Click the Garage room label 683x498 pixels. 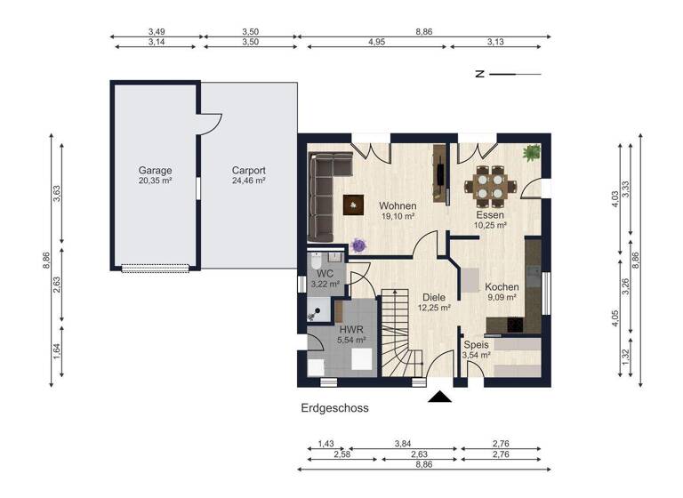[x=155, y=170]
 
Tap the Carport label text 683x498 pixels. [x=249, y=170]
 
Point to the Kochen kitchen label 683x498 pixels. [x=502, y=287]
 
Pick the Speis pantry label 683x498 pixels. [x=476, y=345]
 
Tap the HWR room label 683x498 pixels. [x=350, y=328]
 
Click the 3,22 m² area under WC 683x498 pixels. [x=325, y=284]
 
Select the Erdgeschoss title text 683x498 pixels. [x=334, y=409]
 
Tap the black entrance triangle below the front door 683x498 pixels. [x=439, y=397]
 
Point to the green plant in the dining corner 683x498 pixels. [x=532, y=153]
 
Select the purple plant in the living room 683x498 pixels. [x=358, y=244]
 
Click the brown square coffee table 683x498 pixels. [x=354, y=205]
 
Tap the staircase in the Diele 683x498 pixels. [x=401, y=333]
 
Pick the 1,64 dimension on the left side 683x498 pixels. [x=56, y=351]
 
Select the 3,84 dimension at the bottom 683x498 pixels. [x=405, y=444]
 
